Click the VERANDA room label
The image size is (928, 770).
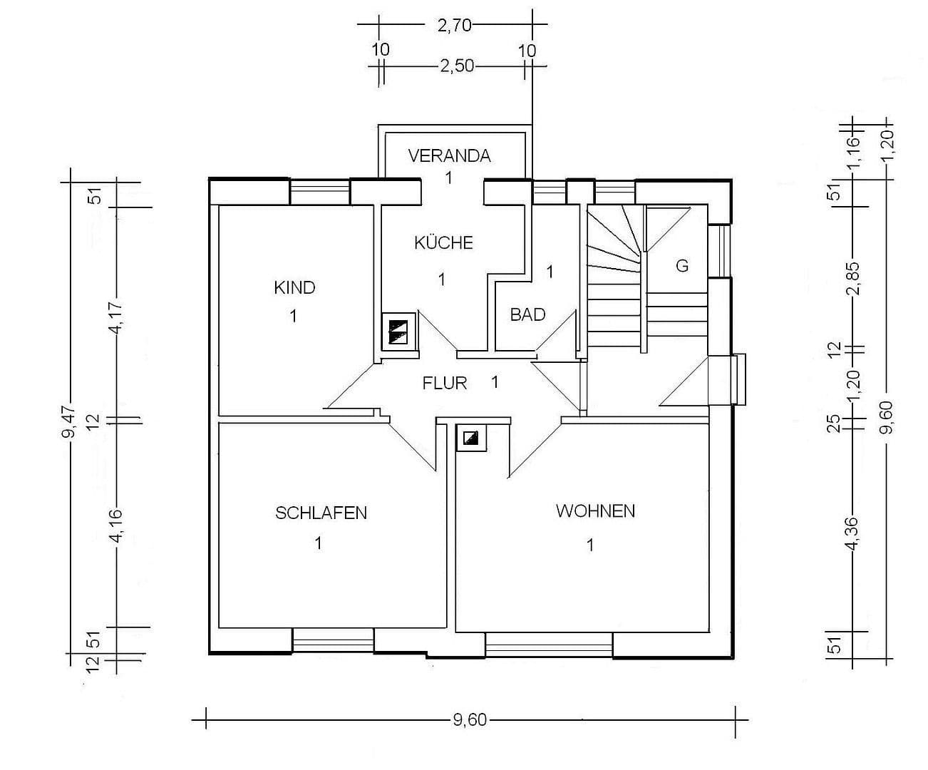coord(449,155)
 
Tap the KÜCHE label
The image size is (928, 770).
coord(443,242)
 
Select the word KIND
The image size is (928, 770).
coord(294,287)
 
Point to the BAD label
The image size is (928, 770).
coord(527,314)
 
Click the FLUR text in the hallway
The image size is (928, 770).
coord(445,384)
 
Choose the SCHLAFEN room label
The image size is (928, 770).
coord(321,513)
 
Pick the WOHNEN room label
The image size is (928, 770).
coord(595,511)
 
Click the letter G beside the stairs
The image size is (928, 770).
coord(682,267)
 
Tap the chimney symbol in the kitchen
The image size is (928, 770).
coord(398,332)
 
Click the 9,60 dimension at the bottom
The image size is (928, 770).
coord(469,720)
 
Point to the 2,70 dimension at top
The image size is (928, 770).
coord(454,25)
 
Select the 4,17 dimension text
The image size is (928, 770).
coord(117,314)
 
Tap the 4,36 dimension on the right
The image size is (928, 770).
coord(851,531)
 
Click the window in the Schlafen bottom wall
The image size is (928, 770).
coord(333,640)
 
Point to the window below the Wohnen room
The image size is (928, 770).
coord(549,645)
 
